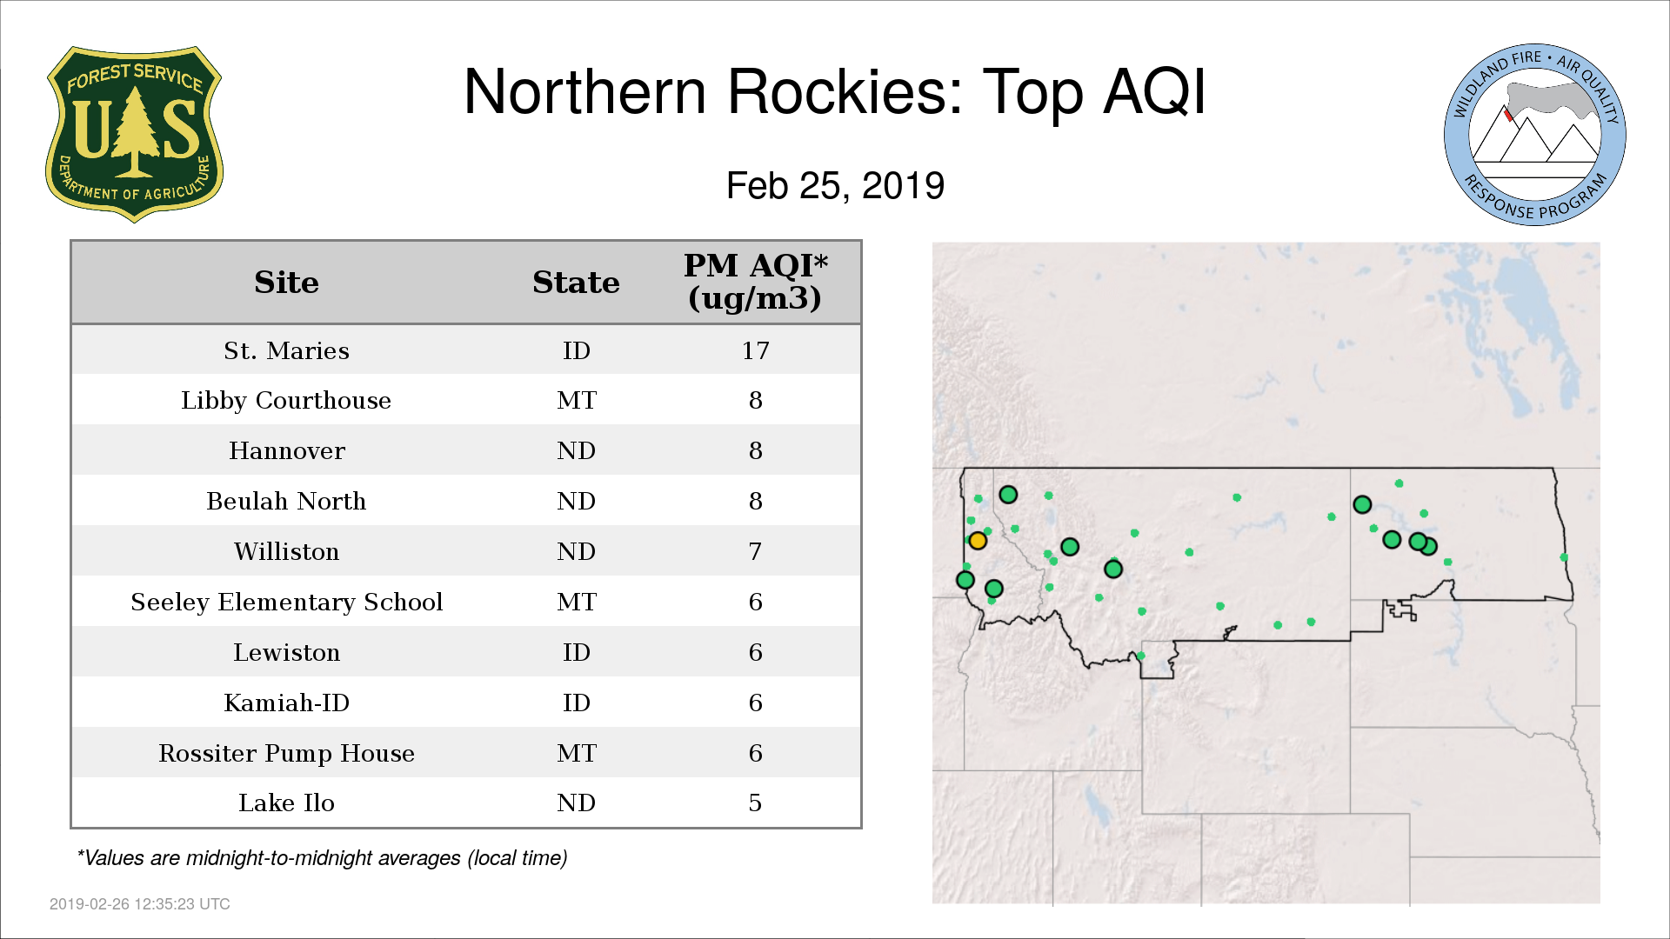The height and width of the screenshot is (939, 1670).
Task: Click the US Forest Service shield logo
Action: tap(134, 134)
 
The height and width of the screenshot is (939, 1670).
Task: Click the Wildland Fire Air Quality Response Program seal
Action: tap(1535, 135)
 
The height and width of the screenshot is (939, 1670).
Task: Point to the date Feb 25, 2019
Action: tap(835, 186)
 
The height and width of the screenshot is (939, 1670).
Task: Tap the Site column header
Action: tap(286, 283)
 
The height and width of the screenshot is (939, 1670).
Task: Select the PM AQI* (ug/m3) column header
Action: tap(755, 282)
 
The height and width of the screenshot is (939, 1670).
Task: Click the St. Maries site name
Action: tap(286, 350)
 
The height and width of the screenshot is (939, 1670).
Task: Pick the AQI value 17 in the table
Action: tap(755, 350)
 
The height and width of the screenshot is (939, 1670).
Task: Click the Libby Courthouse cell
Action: tap(286, 400)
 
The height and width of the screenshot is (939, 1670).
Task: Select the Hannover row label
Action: tap(286, 450)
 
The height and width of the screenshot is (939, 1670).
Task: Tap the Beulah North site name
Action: tap(286, 501)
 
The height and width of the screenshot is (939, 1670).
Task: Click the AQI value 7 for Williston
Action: tap(755, 551)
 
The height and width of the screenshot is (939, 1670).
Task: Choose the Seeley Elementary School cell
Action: tap(286, 602)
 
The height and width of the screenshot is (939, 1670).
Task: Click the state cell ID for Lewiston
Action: tap(576, 652)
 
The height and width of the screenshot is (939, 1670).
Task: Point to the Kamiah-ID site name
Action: tap(286, 703)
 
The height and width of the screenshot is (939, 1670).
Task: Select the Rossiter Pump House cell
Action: tap(286, 753)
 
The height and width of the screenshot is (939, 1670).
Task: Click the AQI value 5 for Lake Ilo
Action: tap(755, 802)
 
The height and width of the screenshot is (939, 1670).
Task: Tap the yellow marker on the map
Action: tap(978, 541)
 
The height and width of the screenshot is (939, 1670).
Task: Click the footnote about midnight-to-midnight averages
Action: tap(322, 858)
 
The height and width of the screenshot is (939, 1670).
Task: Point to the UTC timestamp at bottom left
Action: tap(140, 904)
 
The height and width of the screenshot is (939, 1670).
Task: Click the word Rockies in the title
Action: tap(845, 91)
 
